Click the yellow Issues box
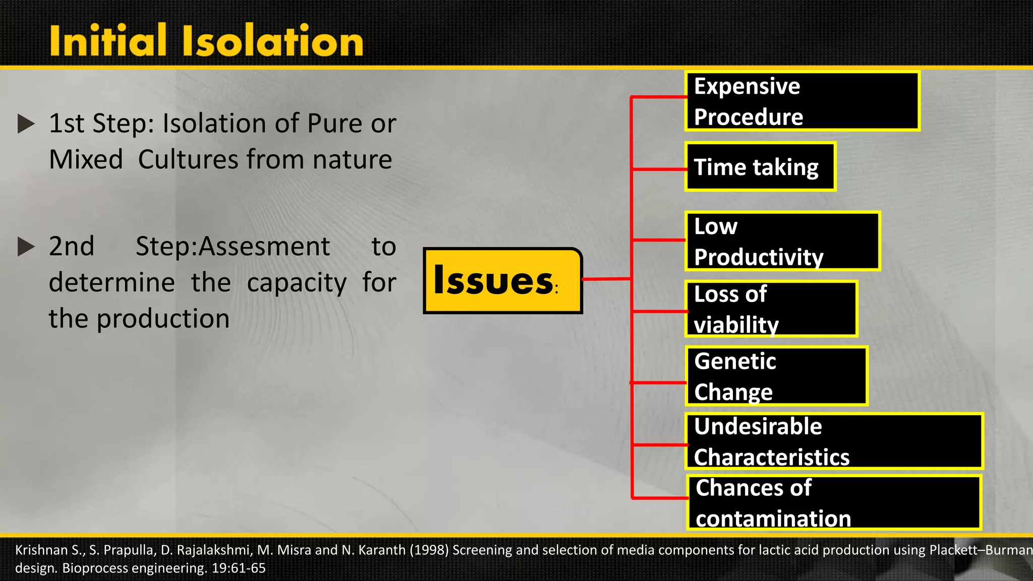tap(503, 280)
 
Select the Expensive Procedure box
tap(802, 101)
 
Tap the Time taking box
tap(760, 167)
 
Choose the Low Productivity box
tap(783, 241)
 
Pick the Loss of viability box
tap(771, 309)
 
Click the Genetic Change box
tap(776, 376)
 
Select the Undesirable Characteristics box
tap(834, 441)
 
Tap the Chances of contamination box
tap(834, 503)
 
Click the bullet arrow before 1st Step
tap(26, 124)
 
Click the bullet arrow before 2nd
tap(26, 247)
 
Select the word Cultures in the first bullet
tap(188, 160)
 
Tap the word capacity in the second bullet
tap(297, 283)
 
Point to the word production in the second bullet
tap(163, 319)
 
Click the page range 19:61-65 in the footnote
tap(239, 568)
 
